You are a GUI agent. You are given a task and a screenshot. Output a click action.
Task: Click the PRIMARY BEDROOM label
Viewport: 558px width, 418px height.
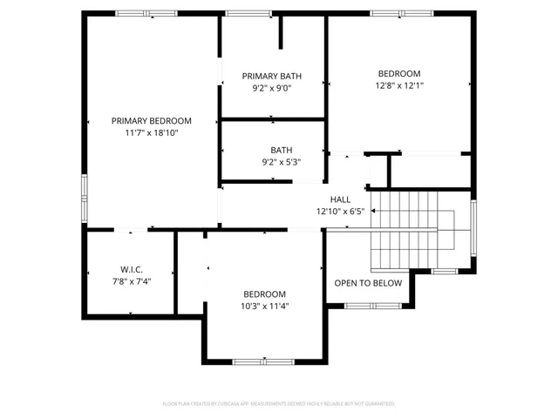[x=151, y=121]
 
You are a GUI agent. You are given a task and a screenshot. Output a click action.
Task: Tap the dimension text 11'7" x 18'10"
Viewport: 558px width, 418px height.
[x=151, y=133]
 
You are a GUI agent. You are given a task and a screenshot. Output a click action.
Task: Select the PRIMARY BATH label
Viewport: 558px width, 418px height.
[x=272, y=77]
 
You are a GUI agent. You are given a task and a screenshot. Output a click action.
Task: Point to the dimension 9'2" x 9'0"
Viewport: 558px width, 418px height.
[x=272, y=88]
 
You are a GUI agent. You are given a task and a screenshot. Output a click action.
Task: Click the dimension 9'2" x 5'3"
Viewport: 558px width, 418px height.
[x=281, y=162]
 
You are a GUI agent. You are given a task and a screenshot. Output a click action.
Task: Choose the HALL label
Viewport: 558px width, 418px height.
[x=340, y=199]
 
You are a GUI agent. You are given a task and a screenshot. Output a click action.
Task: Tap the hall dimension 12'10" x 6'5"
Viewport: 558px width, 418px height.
[x=340, y=212]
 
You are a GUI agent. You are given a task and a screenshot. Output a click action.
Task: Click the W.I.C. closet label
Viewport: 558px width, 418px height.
[x=131, y=269]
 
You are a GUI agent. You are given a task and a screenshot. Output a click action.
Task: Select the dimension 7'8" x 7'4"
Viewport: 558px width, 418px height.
[x=131, y=281]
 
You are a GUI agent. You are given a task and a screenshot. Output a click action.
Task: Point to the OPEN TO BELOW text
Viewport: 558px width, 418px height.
[x=369, y=283]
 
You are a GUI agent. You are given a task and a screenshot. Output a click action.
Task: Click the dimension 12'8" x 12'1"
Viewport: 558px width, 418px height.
[x=399, y=85]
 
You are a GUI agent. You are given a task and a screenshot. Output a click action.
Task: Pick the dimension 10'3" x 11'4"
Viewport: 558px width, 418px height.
[x=264, y=307]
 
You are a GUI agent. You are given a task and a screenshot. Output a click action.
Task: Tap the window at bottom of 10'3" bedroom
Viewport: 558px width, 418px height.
[x=264, y=361]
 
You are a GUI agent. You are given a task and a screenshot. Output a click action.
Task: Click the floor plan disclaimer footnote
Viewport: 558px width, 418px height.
[x=279, y=404]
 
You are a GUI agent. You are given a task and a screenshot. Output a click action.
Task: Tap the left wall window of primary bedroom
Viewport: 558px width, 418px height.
[x=85, y=191]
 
